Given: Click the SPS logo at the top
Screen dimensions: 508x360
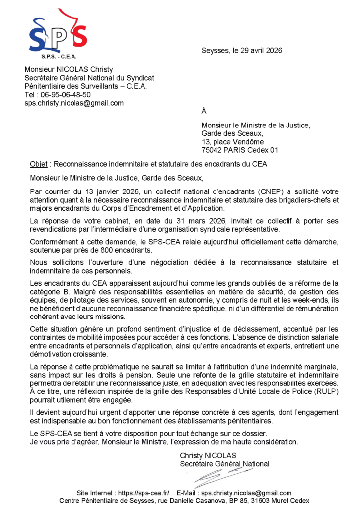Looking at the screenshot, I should click(x=58, y=33).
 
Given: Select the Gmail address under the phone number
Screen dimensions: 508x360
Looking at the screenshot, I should click(x=74, y=103).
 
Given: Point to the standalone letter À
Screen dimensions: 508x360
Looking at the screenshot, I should click(x=204, y=112).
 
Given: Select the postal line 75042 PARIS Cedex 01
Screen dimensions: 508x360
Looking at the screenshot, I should click(x=240, y=150).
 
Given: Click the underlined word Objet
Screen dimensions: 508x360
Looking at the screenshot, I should click(x=38, y=164).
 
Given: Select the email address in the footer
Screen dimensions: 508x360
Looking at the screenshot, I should click(x=246, y=493).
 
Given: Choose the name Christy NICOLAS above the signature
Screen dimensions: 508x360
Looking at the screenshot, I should click(x=208, y=455).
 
